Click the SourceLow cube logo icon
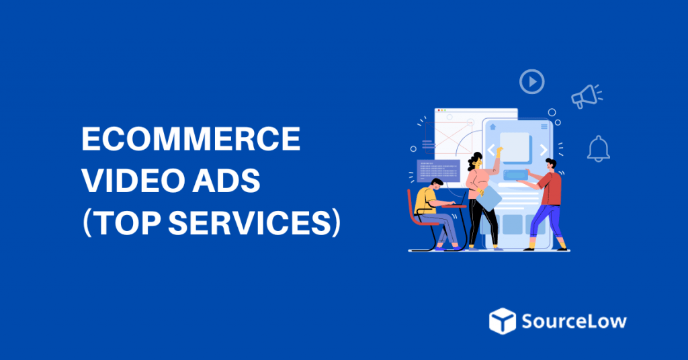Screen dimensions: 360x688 502,320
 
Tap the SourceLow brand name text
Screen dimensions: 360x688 574,320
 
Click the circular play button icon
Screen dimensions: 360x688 531,82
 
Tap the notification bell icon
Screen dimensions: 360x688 597,148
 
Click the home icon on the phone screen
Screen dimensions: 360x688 492,126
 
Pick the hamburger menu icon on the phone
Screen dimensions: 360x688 543,126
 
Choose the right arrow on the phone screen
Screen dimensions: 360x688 542,149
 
